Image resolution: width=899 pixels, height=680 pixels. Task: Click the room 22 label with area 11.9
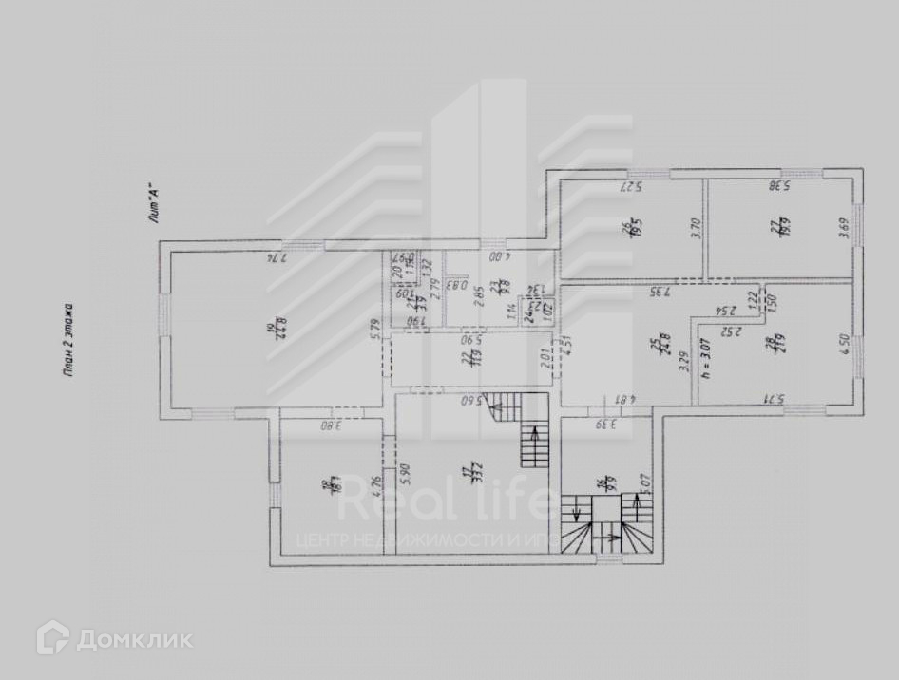[466, 357]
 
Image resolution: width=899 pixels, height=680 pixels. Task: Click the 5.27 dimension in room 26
[633, 185]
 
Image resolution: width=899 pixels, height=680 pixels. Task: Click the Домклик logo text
[134, 639]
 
